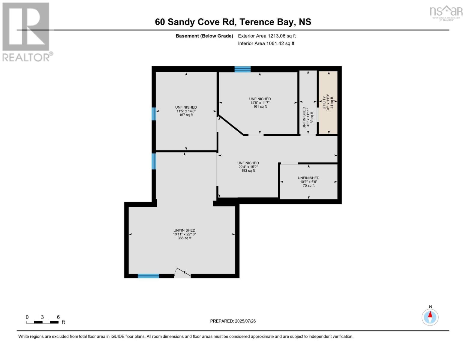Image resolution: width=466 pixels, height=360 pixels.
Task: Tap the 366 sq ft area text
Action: [x=184, y=238]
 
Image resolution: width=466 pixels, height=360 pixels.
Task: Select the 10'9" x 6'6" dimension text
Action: [x=308, y=182]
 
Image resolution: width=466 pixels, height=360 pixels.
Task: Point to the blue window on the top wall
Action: [x=242, y=69]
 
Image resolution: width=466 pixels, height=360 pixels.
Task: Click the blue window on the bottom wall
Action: [x=148, y=276]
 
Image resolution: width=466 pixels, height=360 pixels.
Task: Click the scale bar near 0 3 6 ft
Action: [x=42, y=322]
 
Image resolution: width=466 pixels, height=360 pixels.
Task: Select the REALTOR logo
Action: [x=26, y=31]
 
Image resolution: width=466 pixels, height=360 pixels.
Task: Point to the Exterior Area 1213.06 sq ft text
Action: [x=267, y=36]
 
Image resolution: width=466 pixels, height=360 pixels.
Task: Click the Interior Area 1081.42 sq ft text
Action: [x=266, y=43]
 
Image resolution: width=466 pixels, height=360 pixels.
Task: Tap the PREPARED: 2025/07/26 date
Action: [x=233, y=321]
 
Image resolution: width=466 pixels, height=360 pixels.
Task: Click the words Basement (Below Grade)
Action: [x=204, y=36]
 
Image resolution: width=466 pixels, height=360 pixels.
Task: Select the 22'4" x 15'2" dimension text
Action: [x=248, y=167]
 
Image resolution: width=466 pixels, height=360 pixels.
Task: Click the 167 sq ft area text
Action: [x=186, y=115]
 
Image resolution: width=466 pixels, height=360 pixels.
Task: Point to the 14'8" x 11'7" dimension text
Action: [x=260, y=103]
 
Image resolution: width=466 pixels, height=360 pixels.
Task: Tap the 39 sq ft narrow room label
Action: [x=312, y=117]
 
